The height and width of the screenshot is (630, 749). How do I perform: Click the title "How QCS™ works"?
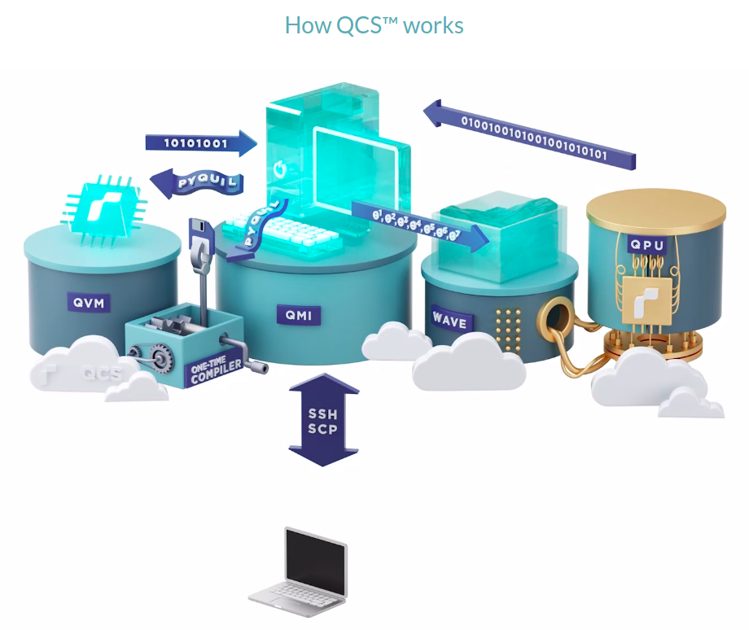click(x=374, y=25)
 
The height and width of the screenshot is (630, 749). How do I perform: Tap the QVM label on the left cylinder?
click(x=90, y=304)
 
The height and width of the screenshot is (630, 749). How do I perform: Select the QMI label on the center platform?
click(x=299, y=315)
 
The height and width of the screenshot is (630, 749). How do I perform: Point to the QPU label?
click(x=648, y=244)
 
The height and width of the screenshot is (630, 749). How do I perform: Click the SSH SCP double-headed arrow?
click(x=323, y=418)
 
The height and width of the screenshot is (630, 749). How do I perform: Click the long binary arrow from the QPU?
click(x=529, y=133)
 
